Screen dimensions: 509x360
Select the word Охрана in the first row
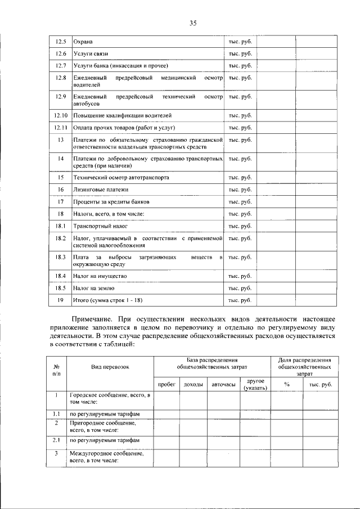[x=83, y=42]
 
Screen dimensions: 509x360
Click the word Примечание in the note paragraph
[x=96, y=319]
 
